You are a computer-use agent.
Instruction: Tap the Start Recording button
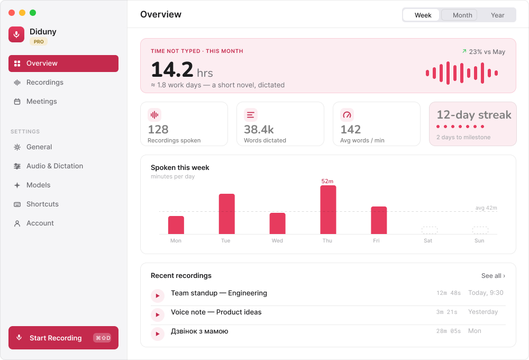(x=63, y=338)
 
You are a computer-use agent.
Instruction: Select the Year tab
(x=497, y=15)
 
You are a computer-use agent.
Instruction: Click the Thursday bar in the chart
(x=328, y=210)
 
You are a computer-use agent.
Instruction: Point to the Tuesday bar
(x=227, y=214)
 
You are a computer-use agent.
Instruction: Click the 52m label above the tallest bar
(x=327, y=182)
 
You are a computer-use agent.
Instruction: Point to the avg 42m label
(x=486, y=208)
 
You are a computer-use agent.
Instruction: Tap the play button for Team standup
(x=158, y=296)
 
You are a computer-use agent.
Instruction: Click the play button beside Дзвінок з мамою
(x=158, y=334)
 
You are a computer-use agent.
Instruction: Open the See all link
(x=493, y=276)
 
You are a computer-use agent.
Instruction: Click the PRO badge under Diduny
(x=39, y=41)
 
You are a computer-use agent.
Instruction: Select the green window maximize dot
(x=33, y=13)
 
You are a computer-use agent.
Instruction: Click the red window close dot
(x=12, y=13)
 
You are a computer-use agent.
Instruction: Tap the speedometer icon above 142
(x=347, y=115)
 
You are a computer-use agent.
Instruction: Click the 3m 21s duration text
(x=446, y=312)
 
